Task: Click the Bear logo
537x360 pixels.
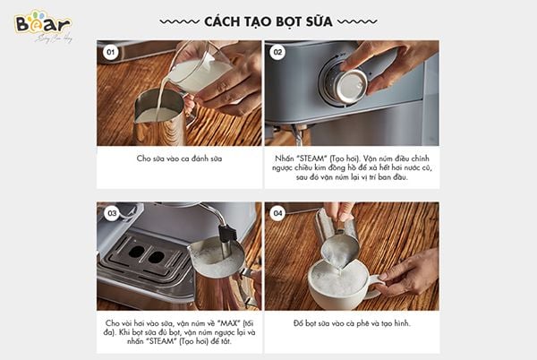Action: (43, 25)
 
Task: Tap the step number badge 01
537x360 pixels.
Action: (110, 52)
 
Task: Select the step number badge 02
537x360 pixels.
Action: (277, 52)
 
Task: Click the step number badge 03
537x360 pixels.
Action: (112, 213)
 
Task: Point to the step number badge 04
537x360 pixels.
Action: (277, 213)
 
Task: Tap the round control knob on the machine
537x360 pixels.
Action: (345, 86)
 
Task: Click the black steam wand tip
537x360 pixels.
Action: (227, 233)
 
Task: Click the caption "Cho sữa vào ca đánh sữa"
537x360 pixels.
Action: (179, 159)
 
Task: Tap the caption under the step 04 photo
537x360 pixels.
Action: (352, 323)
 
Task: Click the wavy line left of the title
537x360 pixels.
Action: (180, 21)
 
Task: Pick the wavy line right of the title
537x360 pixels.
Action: (357, 21)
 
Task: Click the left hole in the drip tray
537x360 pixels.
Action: (137, 252)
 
